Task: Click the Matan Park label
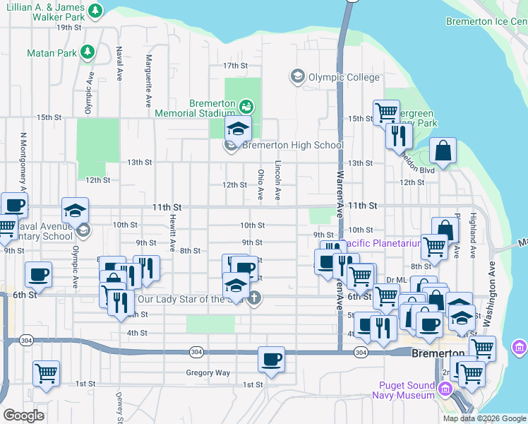pyautogui.click(x=52, y=52)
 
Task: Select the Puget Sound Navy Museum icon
pyautogui.click(x=445, y=388)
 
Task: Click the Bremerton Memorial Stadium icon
pyautogui.click(x=246, y=107)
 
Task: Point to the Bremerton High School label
pyautogui.click(x=293, y=146)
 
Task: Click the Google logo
pyautogui.click(x=23, y=416)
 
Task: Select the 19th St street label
pyautogui.click(x=69, y=28)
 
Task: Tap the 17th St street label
pyautogui.click(x=235, y=65)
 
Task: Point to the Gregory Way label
pyautogui.click(x=208, y=372)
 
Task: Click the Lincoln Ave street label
pyautogui.click(x=278, y=181)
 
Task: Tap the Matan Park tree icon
pyautogui.click(x=88, y=52)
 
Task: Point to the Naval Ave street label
pyautogui.click(x=119, y=63)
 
